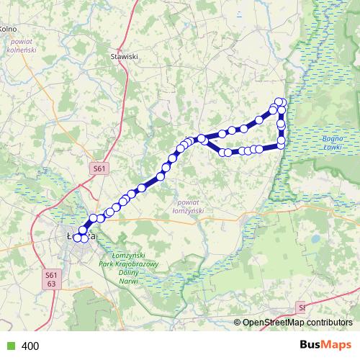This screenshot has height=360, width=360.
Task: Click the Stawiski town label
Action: [124, 55]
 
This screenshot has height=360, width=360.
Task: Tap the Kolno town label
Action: [8, 29]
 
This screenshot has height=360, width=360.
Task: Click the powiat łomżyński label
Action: [189, 207]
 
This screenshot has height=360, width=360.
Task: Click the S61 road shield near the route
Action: [99, 168]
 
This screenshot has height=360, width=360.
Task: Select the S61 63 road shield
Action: [50, 279]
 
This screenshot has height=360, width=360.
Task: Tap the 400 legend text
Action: [30, 346]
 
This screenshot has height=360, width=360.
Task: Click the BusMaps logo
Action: [326, 346]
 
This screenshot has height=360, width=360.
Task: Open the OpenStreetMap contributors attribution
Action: [297, 323]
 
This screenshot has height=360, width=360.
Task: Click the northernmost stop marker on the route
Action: [279, 102]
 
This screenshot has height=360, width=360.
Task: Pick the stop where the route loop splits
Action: [202, 138]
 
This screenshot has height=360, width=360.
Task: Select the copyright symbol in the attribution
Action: [238, 323]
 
